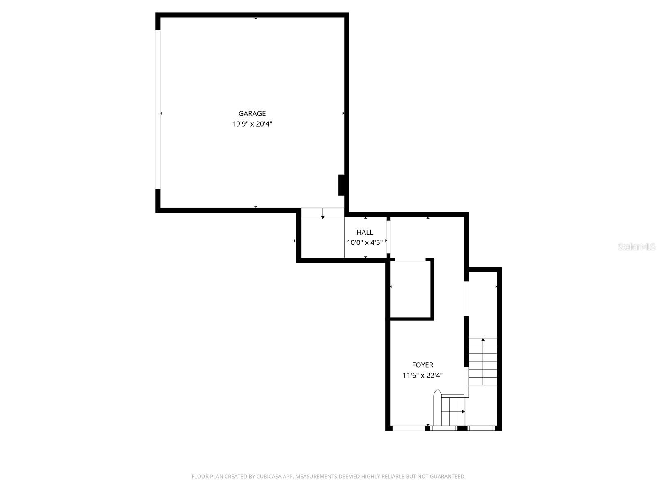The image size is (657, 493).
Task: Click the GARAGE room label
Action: click(x=252, y=113)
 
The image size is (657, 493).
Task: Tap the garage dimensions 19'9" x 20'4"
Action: click(x=252, y=124)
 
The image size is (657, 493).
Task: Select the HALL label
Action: click(x=365, y=232)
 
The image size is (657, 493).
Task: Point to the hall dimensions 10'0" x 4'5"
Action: click(x=365, y=242)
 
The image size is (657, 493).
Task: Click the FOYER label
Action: click(x=423, y=365)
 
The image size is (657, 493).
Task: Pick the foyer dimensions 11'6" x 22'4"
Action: click(x=423, y=375)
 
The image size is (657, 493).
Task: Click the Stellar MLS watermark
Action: click(x=637, y=246)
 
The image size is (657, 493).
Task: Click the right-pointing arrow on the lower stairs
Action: click(x=463, y=411)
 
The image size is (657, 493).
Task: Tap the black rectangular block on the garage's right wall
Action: click(x=341, y=185)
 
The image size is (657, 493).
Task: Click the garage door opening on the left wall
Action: click(x=157, y=110)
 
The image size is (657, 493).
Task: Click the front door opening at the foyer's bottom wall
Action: click(x=409, y=428)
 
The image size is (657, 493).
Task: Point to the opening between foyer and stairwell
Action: click(x=466, y=299)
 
